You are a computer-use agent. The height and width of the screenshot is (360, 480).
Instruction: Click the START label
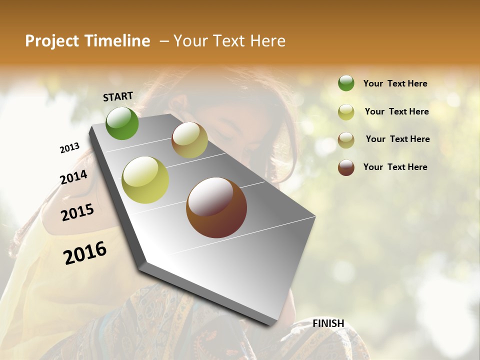[x=118, y=96]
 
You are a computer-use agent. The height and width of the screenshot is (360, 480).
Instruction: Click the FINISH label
[x=328, y=323]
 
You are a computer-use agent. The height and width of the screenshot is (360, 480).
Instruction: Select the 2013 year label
[x=69, y=148]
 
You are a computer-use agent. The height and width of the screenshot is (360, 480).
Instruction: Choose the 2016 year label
[x=85, y=253]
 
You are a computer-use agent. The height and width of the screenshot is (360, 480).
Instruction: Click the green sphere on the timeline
[x=122, y=123]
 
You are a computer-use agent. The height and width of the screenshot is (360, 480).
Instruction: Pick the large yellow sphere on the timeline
[x=145, y=180]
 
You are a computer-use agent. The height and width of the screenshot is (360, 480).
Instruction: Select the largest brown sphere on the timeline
[x=216, y=207]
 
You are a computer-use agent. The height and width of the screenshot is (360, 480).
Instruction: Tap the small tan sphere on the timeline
[x=189, y=140]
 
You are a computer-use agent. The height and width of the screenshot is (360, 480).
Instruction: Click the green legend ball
[x=346, y=83]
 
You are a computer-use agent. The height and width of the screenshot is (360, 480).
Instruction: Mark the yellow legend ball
[x=346, y=112]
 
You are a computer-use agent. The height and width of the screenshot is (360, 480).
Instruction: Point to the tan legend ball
[x=346, y=140]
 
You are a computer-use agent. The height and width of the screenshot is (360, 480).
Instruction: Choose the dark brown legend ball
[x=346, y=167]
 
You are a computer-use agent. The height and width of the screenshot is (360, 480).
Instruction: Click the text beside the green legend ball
[x=395, y=83]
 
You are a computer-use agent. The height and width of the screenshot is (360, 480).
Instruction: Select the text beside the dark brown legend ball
[x=395, y=167]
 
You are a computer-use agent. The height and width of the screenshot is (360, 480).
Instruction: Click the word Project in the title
[x=52, y=41]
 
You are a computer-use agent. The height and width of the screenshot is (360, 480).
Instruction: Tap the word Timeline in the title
[x=117, y=41]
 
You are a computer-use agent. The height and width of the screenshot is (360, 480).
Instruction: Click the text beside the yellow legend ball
[x=396, y=111]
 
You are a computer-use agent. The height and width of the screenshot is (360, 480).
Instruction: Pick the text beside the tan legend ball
[x=397, y=139]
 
